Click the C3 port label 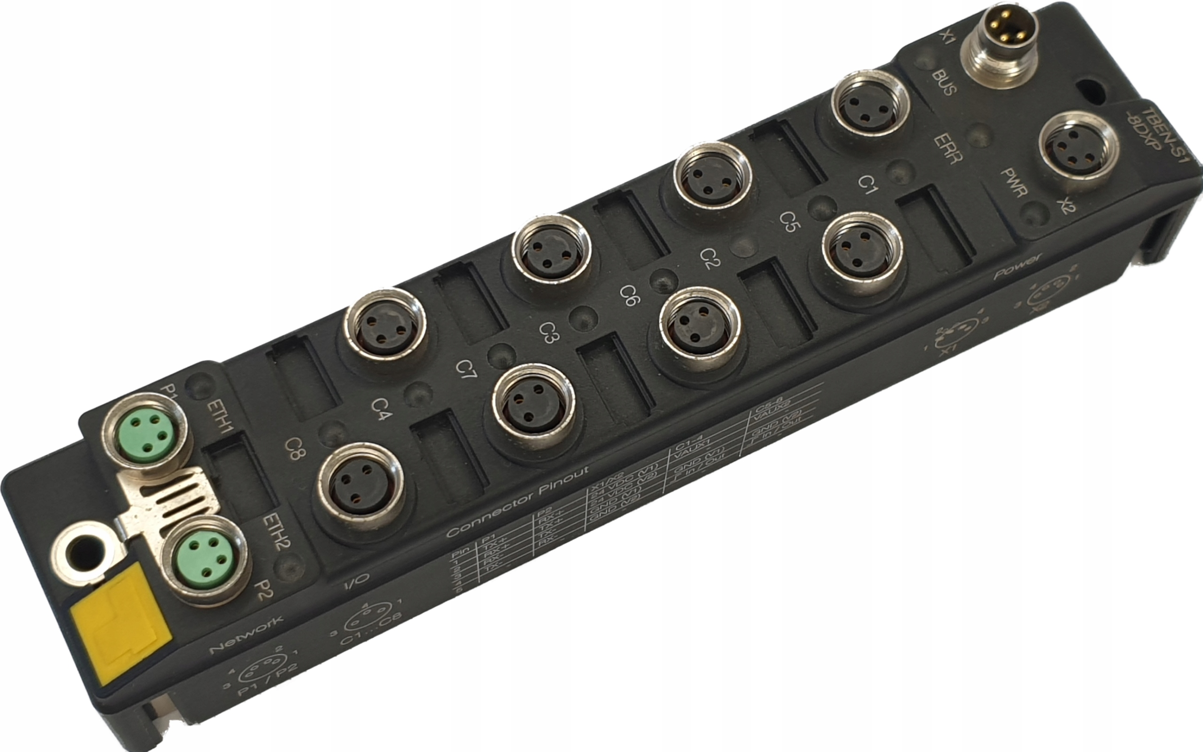(549, 333)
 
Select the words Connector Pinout (517, 502)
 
